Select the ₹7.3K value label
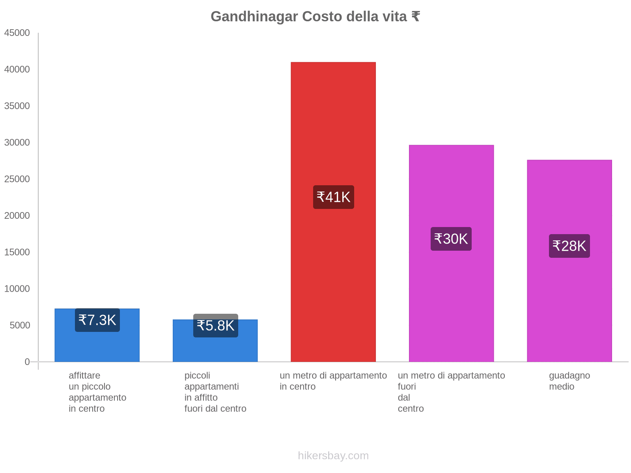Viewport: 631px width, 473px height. [97, 320]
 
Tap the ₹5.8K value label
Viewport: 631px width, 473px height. [215, 326]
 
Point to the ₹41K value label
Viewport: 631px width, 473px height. [333, 197]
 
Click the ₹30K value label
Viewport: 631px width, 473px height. [451, 239]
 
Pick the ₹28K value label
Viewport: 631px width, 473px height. [569, 246]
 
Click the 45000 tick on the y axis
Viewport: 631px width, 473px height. [17, 33]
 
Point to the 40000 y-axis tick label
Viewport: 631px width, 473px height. [17, 69]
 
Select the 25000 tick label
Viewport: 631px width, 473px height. [17, 179]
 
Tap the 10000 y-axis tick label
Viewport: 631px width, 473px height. [17, 289]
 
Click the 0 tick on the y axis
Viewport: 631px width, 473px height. [27, 361]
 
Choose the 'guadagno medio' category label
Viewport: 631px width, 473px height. [569, 381]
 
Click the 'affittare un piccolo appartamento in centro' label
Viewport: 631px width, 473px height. [97, 392]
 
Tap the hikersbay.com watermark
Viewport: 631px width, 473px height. [333, 456]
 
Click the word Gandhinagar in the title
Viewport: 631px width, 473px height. [254, 17]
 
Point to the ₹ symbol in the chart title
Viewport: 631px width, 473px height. [415, 17]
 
